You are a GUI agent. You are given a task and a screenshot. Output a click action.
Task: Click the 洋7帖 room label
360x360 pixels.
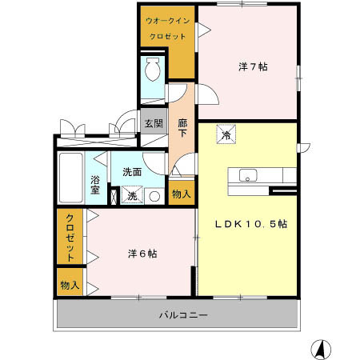click(x=252, y=66)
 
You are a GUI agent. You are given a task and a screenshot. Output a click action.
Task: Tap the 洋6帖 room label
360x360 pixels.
click(x=142, y=254)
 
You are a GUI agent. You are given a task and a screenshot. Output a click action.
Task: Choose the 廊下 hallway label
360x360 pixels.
click(x=182, y=129)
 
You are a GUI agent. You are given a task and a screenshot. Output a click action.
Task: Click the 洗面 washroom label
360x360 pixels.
click(x=132, y=172)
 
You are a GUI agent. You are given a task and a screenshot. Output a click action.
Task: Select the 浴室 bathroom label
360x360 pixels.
click(x=94, y=185)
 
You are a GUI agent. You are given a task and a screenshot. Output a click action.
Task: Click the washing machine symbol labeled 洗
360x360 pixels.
click(x=133, y=195)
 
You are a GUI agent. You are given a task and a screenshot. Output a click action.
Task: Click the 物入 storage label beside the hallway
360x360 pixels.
click(x=181, y=194)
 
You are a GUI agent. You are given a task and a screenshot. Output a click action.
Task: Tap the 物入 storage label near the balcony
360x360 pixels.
click(x=70, y=284)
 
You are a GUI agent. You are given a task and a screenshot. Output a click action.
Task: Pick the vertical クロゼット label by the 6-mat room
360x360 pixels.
click(x=70, y=238)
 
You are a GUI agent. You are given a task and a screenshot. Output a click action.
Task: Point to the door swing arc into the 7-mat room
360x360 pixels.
click(x=206, y=96)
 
